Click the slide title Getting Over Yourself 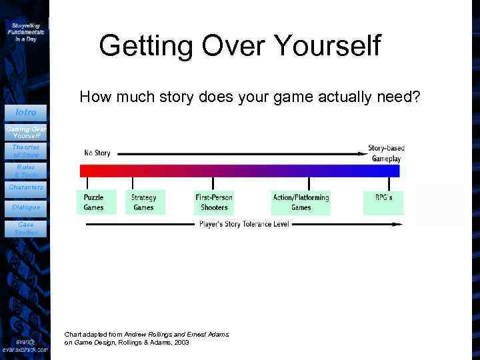239,47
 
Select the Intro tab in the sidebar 26,112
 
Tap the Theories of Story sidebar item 26,151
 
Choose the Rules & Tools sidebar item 26,171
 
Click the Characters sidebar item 26,187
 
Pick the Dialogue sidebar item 26,207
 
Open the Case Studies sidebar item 26,229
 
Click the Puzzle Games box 94,202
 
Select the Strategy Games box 143,202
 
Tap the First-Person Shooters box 213,202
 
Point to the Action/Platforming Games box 301,202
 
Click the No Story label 97,153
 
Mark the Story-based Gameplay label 386,153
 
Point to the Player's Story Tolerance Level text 244,224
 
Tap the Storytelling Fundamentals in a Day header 27,32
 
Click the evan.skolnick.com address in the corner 25,349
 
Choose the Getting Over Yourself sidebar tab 26,131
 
